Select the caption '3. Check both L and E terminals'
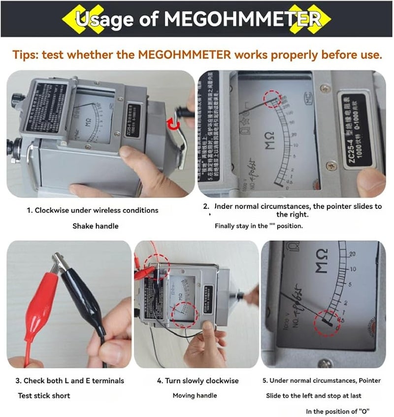[x=70, y=381]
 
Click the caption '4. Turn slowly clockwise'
[x=197, y=381]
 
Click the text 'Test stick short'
[x=44, y=395]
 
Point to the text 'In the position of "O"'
[x=338, y=411]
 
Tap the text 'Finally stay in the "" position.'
[x=259, y=226]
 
